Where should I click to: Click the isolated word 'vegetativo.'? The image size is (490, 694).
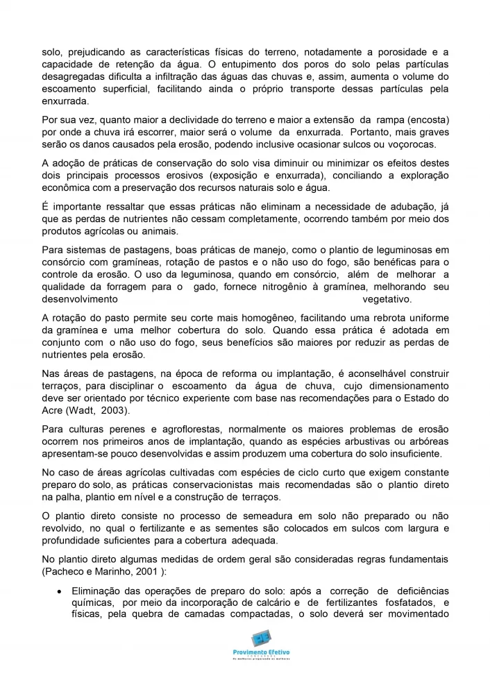point(387,300)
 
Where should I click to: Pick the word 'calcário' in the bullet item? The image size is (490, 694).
point(260,602)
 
